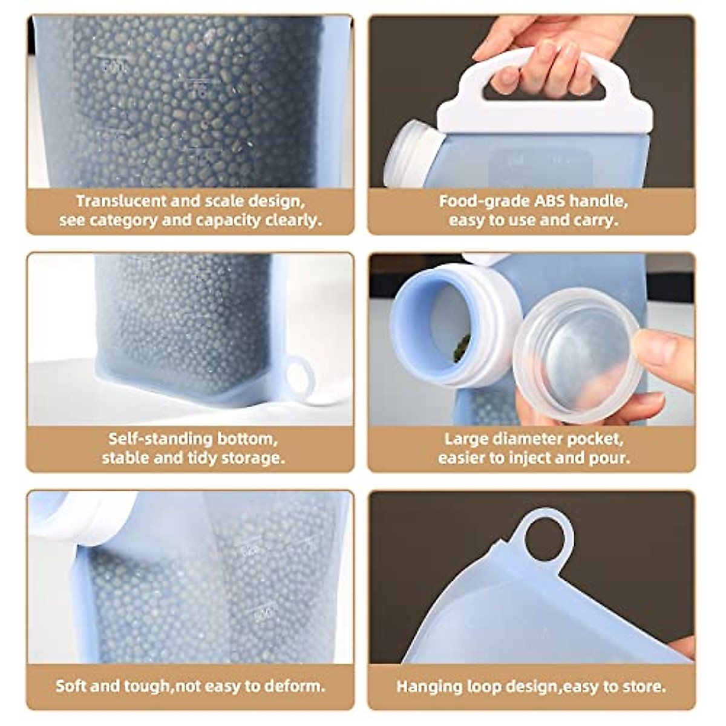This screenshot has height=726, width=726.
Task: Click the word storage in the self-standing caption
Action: pos(252,457)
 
